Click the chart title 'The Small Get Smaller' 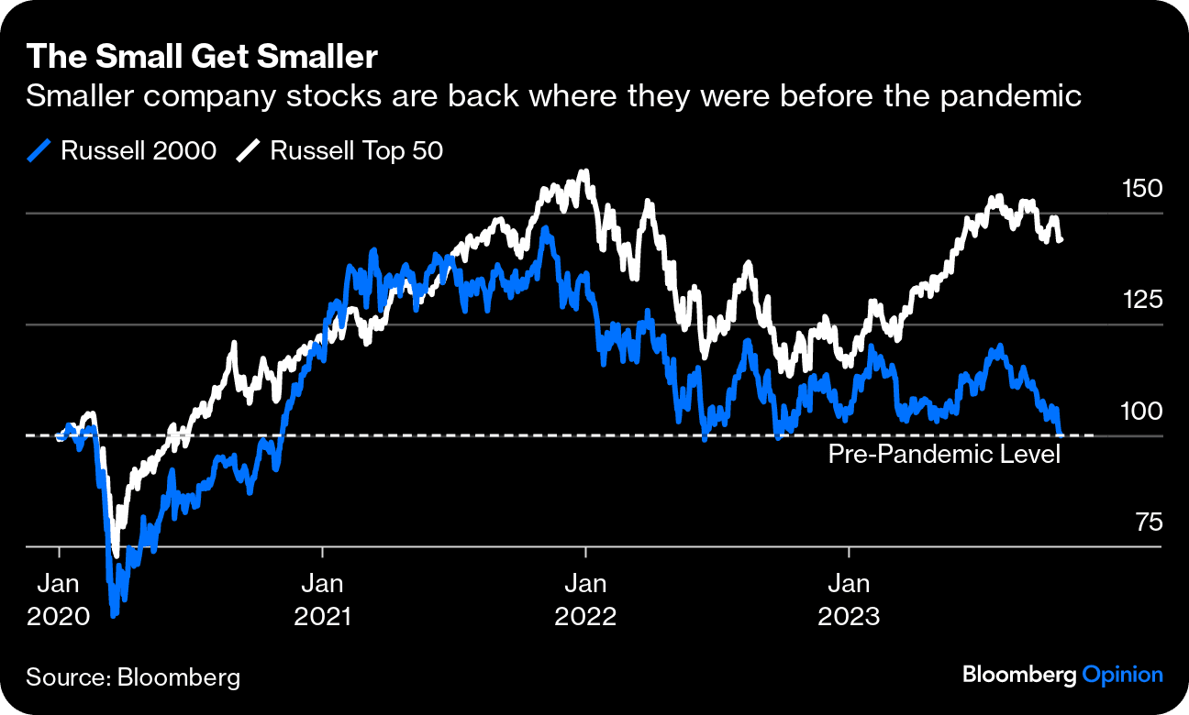202,57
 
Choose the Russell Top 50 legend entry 340,150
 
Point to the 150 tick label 1141,189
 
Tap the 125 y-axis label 1141,300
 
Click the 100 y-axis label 1141,412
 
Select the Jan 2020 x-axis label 59,599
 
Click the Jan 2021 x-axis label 323,599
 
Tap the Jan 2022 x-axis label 585,599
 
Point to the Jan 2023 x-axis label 850,599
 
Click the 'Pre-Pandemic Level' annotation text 944,454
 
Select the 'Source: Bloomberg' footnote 133,677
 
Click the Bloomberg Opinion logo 1062,676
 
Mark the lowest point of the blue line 115,614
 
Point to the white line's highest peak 585,171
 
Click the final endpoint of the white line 1061,240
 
